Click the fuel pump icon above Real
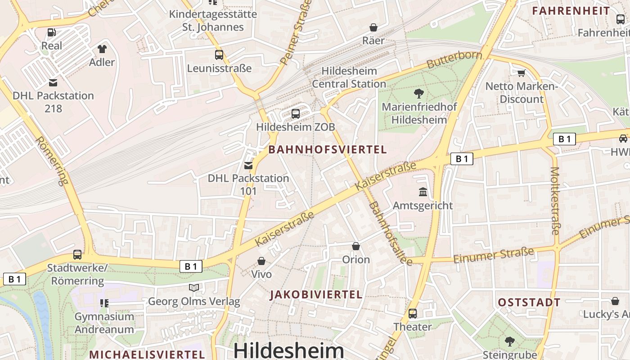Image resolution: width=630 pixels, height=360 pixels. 52,32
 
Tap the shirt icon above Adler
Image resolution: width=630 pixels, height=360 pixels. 102,49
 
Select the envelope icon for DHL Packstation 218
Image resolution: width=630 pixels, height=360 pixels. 53,82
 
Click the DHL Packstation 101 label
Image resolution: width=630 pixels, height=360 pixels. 248,184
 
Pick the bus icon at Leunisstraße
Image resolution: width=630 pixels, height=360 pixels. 219,55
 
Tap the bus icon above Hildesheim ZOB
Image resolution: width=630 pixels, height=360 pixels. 296,113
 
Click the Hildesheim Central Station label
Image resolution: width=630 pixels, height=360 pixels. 349,77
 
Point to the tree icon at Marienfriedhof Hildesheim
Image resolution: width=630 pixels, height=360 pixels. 418,94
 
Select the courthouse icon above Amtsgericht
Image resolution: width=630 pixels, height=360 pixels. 423,193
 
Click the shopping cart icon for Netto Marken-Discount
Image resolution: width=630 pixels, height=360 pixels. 521,72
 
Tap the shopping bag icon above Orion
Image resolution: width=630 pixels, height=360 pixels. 356,246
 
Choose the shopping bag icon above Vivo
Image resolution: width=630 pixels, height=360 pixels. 261,261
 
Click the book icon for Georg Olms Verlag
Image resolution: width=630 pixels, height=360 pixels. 194,288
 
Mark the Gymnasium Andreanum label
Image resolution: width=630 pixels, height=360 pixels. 104,323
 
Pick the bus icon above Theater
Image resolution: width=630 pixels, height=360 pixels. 413,313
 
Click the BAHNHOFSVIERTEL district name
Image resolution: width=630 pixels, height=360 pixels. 328,150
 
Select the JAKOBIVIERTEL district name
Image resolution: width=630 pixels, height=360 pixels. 316,295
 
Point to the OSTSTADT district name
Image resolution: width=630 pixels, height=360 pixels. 529,302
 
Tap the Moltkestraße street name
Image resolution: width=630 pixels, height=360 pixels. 555,201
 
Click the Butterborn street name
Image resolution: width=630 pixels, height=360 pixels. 454,60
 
